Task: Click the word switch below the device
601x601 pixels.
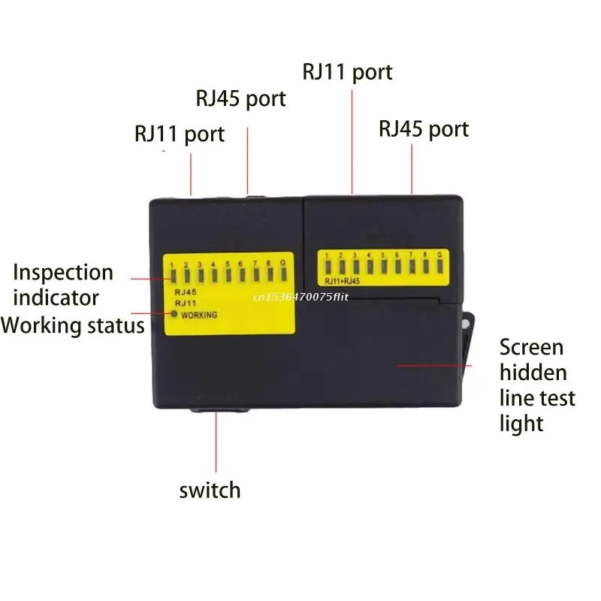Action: point(210,491)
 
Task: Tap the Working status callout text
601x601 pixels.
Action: point(72,325)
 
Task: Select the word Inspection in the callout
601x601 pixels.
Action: point(63,272)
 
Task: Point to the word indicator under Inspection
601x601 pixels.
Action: point(56,297)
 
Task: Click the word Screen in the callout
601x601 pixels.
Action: point(531,347)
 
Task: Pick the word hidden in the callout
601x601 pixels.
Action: point(533,373)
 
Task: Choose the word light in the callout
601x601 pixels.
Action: point(521,424)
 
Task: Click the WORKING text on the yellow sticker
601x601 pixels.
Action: point(199,315)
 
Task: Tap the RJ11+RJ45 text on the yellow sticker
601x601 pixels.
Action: point(343,281)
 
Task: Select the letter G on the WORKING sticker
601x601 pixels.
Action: point(282,264)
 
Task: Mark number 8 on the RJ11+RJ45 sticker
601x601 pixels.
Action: point(424,255)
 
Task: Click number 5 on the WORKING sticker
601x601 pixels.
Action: point(227,264)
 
